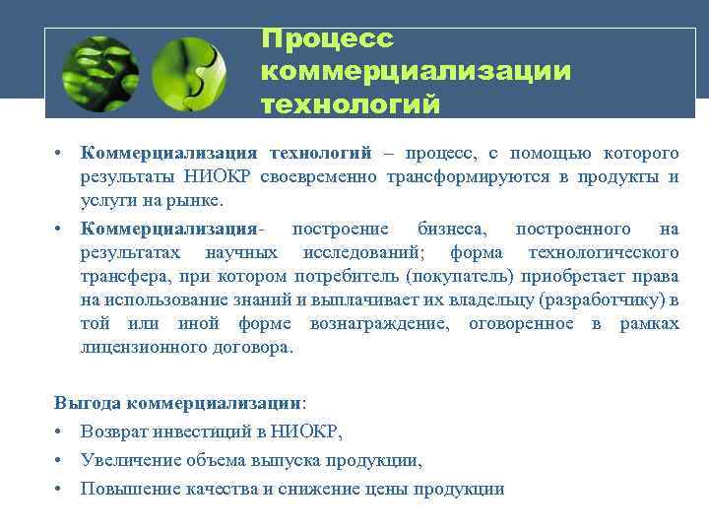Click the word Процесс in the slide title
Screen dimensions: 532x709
[328, 39]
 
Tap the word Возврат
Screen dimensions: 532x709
[112, 432]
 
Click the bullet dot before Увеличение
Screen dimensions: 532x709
[60, 460]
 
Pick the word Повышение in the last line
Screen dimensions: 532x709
[125, 489]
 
